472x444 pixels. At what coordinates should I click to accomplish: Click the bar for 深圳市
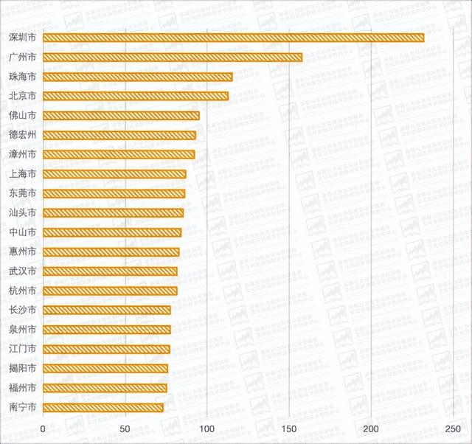point(233,38)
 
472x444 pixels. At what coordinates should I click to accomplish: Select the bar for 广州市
point(173,57)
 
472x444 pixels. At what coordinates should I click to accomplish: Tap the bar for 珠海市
point(138,77)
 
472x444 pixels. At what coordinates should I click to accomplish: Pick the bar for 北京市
point(136,96)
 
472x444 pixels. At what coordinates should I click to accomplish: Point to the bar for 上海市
point(114,174)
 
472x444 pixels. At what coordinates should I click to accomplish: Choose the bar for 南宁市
point(103,407)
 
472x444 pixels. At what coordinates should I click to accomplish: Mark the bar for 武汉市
point(110,271)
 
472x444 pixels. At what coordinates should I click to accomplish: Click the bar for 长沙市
point(107,310)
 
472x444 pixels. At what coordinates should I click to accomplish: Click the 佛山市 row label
point(22,116)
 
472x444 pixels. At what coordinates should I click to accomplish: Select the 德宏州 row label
point(22,135)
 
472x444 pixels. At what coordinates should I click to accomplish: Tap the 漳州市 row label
point(22,154)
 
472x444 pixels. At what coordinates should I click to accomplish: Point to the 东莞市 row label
point(22,193)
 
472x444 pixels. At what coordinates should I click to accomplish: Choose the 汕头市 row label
point(22,213)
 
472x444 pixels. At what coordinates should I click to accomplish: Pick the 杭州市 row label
point(22,291)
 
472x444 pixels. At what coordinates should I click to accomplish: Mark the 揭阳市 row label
point(22,368)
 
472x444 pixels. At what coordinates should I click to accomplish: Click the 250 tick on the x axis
point(453,429)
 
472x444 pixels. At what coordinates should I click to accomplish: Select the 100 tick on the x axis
point(207,429)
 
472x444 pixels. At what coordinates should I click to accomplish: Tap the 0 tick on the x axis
point(44,429)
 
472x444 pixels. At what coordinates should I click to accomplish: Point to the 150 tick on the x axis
point(289,429)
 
